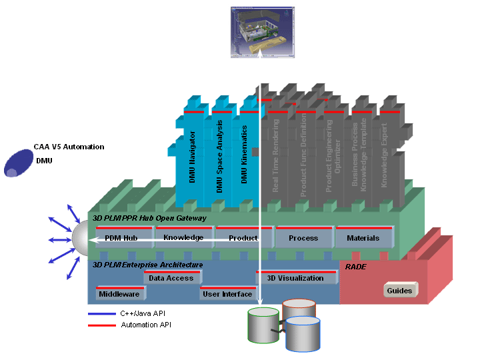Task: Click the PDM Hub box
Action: coord(121,238)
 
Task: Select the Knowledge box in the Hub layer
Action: coord(183,237)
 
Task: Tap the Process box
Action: coord(303,238)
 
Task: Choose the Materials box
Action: coord(363,238)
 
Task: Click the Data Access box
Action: coord(171,278)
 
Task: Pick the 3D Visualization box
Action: coord(295,278)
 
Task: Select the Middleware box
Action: coord(119,294)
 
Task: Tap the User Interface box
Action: coord(227,294)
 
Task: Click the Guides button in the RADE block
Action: coord(400,291)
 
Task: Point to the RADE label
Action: coord(355,267)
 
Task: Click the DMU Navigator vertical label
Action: coord(192,157)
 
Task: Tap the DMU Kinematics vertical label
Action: coord(244,155)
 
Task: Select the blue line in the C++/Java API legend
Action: coord(101,314)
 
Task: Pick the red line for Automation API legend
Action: coord(101,325)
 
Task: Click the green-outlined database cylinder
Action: coord(263,326)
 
